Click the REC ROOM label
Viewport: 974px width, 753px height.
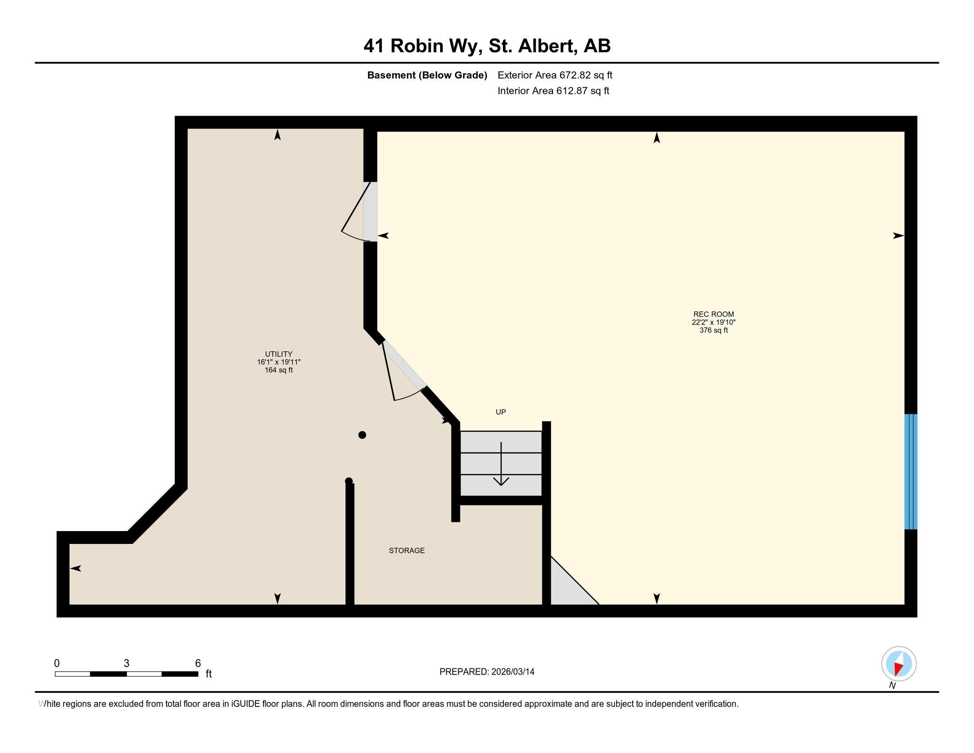(713, 314)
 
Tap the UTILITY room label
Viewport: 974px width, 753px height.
(278, 354)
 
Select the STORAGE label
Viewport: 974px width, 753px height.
(406, 551)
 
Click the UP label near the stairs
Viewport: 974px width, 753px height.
(500, 412)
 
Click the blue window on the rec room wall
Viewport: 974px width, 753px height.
(910, 472)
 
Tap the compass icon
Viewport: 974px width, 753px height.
(899, 664)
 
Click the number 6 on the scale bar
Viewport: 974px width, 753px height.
(197, 663)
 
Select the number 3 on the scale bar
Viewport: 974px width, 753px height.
(127, 663)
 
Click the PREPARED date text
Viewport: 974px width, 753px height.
(487, 672)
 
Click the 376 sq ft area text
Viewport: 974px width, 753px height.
(713, 330)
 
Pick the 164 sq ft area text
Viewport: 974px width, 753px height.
(278, 370)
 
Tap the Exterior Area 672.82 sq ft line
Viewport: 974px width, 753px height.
(555, 75)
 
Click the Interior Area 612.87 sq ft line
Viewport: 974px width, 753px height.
(553, 91)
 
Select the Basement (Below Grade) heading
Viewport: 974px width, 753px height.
(427, 75)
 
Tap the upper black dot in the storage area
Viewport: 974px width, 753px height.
(362, 435)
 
